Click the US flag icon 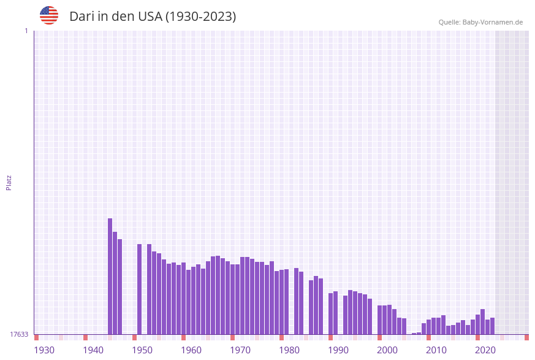click(49, 15)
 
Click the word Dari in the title click(82, 17)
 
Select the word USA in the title click(150, 17)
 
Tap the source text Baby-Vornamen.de click(493, 22)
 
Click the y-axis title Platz click(9, 182)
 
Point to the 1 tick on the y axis click(26, 31)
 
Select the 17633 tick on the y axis click(19, 334)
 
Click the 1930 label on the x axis click(44, 350)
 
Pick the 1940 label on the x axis click(93, 350)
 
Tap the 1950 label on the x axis click(142, 350)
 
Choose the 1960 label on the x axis click(191, 350)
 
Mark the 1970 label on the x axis click(240, 350)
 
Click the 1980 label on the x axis click(289, 350)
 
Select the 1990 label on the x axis click(338, 350)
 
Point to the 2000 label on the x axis click(387, 350)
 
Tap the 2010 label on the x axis click(436, 350)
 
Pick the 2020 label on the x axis click(485, 350)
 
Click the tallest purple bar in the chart click(110, 276)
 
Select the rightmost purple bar click(492, 326)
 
